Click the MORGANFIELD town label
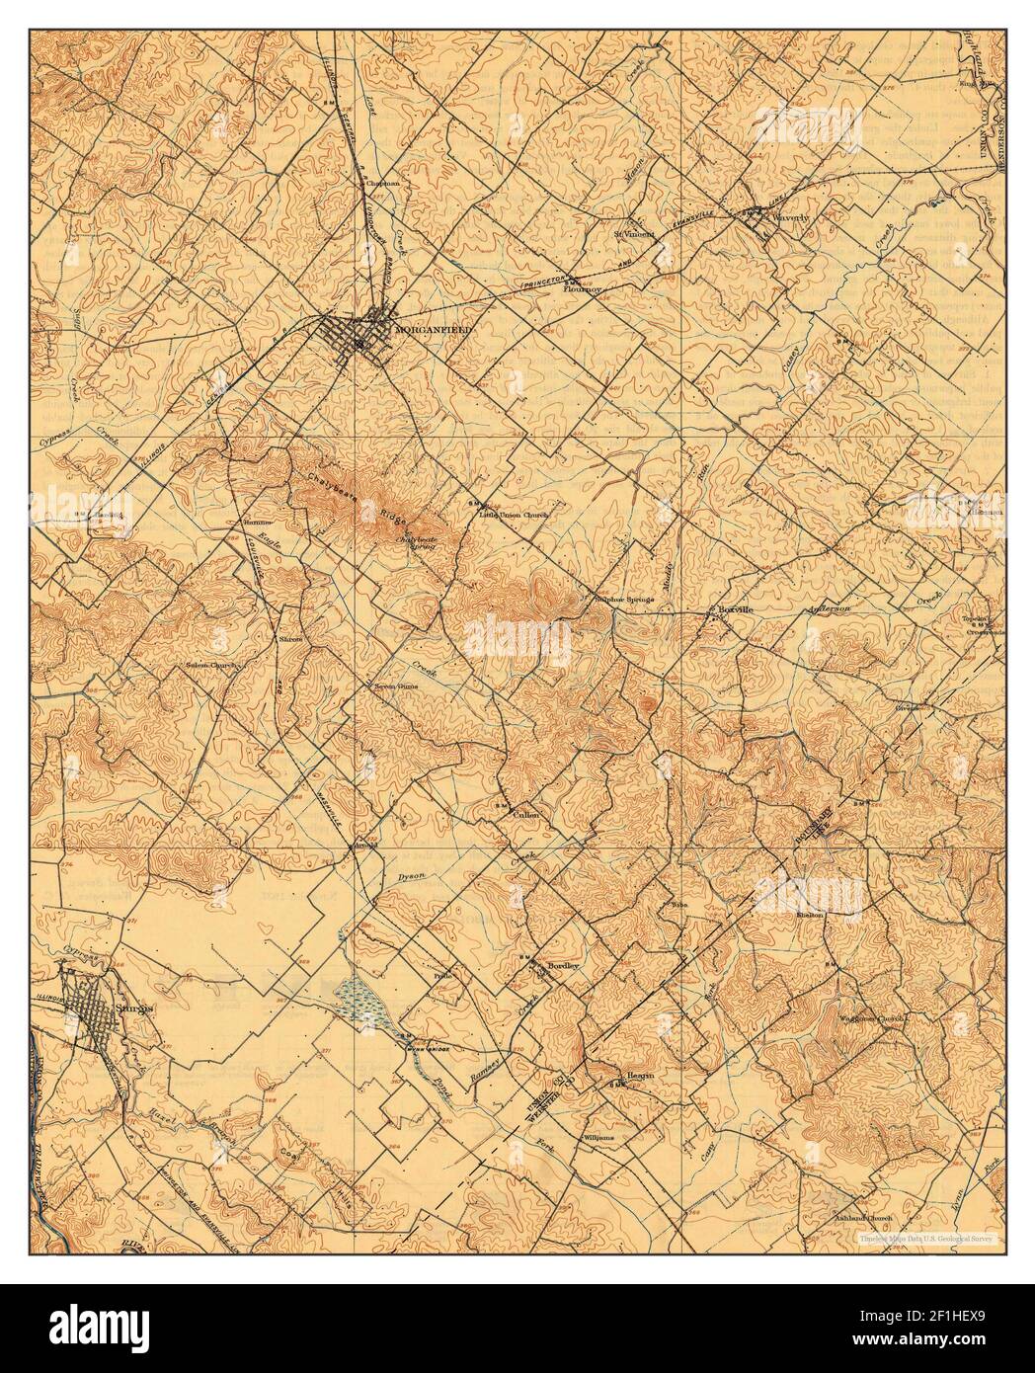(433, 329)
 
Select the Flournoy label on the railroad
(583, 289)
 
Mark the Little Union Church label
(513, 515)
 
